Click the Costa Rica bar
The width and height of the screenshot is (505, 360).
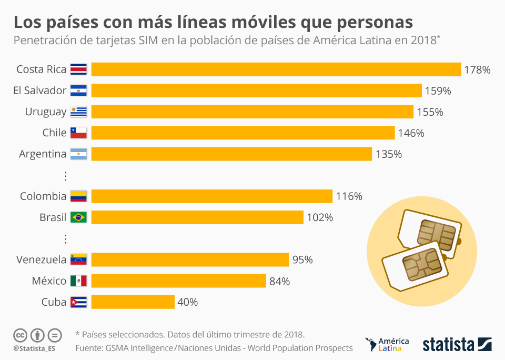pyautogui.click(x=276, y=69)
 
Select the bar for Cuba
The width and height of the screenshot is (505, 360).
pyautogui.click(x=133, y=302)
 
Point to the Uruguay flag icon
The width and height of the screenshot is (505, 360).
pyautogui.click(x=78, y=112)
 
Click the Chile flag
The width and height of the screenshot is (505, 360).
pyautogui.click(x=78, y=133)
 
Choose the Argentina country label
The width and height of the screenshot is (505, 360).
pyautogui.click(x=43, y=154)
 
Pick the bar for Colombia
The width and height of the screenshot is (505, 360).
pyautogui.click(x=212, y=196)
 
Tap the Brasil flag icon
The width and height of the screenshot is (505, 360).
pyautogui.click(x=78, y=217)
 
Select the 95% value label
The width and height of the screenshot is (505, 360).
pyautogui.click(x=302, y=259)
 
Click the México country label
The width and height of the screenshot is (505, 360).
pyautogui.click(x=49, y=281)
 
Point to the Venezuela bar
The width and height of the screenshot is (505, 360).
pyautogui.click(x=190, y=259)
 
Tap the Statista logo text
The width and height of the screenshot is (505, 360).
pyautogui.click(x=448, y=345)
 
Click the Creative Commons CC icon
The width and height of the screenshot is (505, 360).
pyautogui.click(x=20, y=335)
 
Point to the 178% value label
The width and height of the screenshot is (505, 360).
pyautogui.click(x=477, y=69)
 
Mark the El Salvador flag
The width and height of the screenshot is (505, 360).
pyautogui.click(x=78, y=91)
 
